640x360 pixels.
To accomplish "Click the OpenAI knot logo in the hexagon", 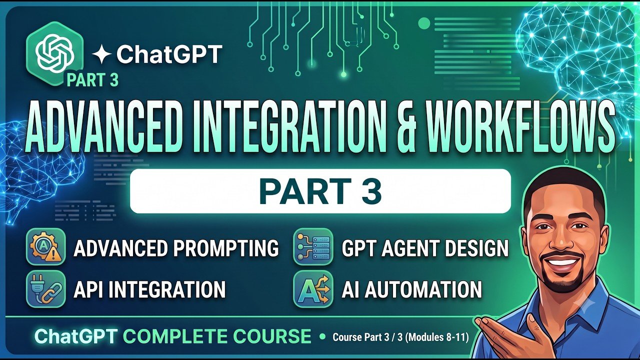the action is tap(55, 53).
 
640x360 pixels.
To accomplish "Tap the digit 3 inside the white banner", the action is tap(370, 191).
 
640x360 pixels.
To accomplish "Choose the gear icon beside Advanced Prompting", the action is tap(46, 247).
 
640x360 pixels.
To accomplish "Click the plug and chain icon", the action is tap(46, 289).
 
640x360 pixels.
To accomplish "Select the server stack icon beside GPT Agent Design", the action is tap(313, 247).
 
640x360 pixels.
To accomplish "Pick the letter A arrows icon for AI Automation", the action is tap(313, 289).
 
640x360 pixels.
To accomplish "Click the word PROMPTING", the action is tap(225, 247).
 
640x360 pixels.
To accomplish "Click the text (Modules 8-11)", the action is tap(437, 337).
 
